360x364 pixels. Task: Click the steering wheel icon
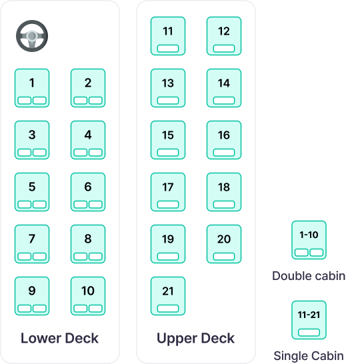(32, 36)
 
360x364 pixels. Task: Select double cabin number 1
(32, 88)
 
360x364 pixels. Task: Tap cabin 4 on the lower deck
(88, 140)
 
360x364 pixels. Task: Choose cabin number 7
(32, 244)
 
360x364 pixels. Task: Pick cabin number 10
(88, 296)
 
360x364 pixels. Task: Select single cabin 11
(168, 36)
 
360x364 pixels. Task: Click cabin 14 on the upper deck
(224, 88)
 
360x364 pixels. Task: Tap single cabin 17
(168, 192)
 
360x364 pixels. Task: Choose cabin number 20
(224, 244)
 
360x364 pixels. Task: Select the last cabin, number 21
(168, 296)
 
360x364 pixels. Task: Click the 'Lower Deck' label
(59, 338)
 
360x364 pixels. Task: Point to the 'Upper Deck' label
(196, 339)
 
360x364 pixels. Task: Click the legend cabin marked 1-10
(309, 240)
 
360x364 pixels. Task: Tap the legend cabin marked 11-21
(309, 320)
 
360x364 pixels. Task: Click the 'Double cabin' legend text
(309, 276)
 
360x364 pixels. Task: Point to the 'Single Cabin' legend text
(309, 356)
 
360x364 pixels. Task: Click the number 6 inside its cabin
(88, 187)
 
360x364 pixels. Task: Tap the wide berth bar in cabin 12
(224, 49)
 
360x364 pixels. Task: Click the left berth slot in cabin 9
(25, 309)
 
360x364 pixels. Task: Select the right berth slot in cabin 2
(95, 101)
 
